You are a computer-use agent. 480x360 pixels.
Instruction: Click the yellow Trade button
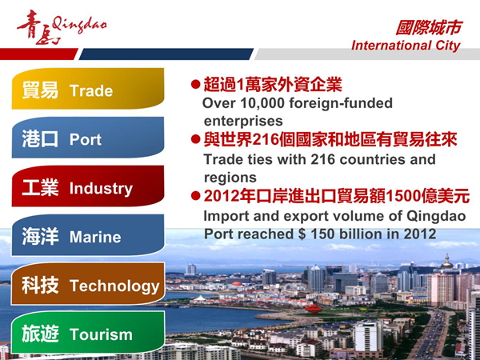(x=88, y=89)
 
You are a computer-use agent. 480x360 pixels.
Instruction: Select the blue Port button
(x=88, y=138)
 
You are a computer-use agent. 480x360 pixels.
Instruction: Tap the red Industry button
(x=88, y=186)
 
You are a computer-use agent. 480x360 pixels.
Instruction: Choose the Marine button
(x=88, y=234)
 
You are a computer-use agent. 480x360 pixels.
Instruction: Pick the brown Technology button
(x=88, y=283)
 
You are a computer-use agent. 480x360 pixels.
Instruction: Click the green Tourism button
(x=88, y=332)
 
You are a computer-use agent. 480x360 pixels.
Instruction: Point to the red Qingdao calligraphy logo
(x=62, y=27)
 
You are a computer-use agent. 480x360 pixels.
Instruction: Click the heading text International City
(x=406, y=46)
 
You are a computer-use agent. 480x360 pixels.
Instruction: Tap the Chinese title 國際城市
(x=428, y=27)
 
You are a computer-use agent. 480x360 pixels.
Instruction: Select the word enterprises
(x=243, y=121)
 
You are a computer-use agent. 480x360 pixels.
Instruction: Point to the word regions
(x=230, y=178)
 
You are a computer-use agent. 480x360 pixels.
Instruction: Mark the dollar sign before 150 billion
(x=302, y=234)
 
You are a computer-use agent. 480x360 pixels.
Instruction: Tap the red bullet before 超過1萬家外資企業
(x=195, y=85)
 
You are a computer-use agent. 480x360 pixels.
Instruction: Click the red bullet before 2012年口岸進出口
(x=195, y=196)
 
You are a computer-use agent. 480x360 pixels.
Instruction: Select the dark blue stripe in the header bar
(x=166, y=54)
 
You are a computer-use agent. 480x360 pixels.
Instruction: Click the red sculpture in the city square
(x=314, y=309)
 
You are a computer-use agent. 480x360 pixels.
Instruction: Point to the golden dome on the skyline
(x=447, y=262)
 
